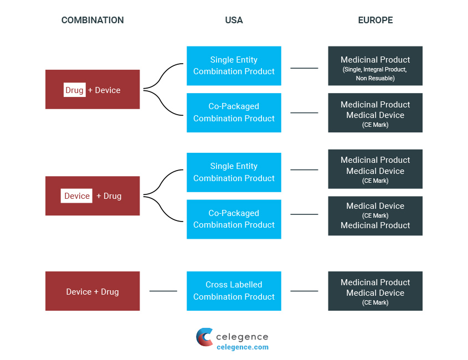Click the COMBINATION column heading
pos(92,20)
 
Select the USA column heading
pos(234,20)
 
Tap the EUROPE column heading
pos(375,20)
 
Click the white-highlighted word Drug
pos(74,90)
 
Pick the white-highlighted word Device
pos(76,196)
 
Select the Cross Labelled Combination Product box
pos(234,291)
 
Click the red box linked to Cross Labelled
pos(92,291)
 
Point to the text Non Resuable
pos(375,79)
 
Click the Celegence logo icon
pos(204,337)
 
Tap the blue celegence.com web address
pos(242,347)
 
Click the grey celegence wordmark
pos(242,337)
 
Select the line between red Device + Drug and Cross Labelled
pos(163,291)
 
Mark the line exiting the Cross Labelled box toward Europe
pos(304,291)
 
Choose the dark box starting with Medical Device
pos(375,215)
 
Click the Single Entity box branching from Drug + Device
pos(234,65)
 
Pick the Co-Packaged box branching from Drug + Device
pos(234,112)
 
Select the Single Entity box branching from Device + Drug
pos(234,172)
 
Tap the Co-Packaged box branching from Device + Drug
pos(234,219)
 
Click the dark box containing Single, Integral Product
pos(375,66)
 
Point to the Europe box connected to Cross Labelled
pos(375,291)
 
